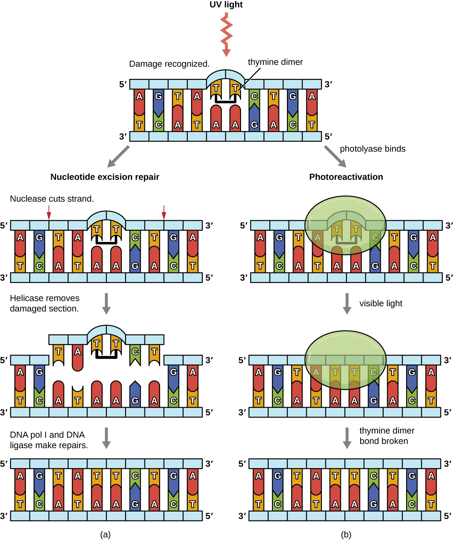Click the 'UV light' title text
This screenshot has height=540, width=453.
pos(226,5)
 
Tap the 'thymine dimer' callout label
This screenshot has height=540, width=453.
pos(275,62)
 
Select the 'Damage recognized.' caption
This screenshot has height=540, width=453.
pos(169,64)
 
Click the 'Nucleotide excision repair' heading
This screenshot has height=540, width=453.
pos(105,177)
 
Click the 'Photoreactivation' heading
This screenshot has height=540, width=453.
pos(346,177)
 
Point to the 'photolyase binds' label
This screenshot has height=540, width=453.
pos(372,149)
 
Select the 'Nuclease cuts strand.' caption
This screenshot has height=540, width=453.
pos(52,199)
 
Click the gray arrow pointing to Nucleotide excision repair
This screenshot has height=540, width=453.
pos(118,156)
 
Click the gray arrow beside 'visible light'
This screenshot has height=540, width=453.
pos(346,304)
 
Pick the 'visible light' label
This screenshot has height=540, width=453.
pos(381,303)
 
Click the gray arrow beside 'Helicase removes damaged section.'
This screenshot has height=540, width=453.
pos(106,304)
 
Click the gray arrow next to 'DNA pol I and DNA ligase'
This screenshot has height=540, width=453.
pos(106,438)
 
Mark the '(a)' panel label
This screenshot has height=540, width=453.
pos(105,534)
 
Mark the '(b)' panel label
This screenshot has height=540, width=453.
pos(346,534)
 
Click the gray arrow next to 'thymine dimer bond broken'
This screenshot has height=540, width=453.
pos(346,438)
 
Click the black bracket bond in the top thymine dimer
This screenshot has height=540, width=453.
pos(226,101)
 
